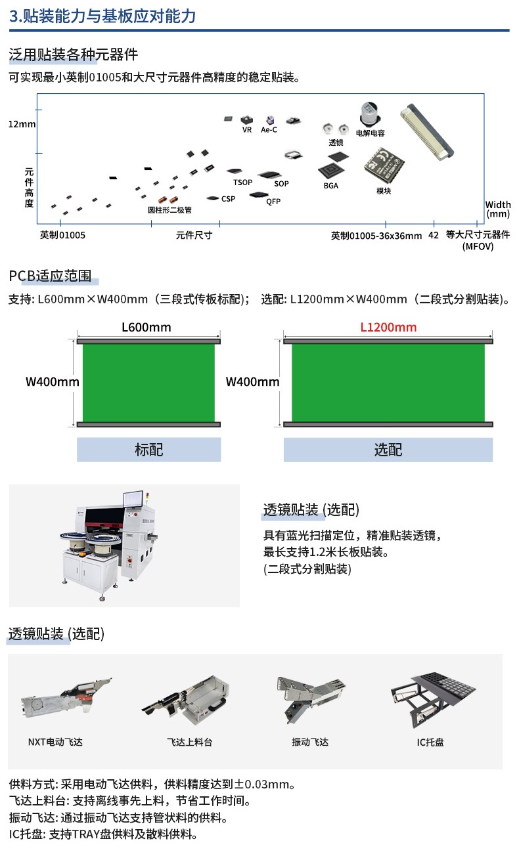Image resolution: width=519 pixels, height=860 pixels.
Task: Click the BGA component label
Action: (330, 186)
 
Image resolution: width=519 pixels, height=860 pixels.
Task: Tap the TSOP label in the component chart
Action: (243, 183)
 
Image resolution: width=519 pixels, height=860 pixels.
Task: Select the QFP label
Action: (273, 202)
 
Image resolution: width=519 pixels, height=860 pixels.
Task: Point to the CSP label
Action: (228, 199)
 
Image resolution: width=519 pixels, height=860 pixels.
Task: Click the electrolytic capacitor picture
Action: (370, 114)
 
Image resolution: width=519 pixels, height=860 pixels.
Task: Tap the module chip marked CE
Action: (384, 164)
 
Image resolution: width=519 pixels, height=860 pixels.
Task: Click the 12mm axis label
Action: (22, 124)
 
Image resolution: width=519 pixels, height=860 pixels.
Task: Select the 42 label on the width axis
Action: (434, 235)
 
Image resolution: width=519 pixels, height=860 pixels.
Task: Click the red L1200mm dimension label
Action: (388, 328)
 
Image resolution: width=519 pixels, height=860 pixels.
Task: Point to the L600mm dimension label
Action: (147, 328)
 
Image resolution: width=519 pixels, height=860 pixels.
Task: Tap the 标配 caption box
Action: (148, 450)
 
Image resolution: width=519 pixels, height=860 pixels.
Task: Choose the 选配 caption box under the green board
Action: (388, 450)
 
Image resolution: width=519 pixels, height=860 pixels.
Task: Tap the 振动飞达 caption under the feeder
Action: (310, 742)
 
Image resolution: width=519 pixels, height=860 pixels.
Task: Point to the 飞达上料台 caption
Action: (189, 742)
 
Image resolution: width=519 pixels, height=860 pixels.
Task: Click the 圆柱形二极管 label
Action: (169, 210)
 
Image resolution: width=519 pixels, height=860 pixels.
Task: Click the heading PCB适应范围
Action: (50, 276)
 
